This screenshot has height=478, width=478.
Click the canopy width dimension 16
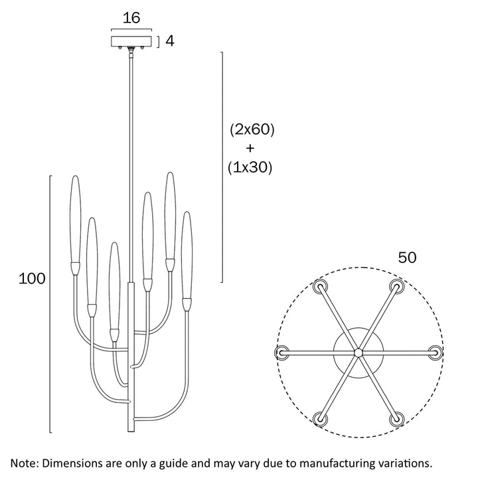[132, 18]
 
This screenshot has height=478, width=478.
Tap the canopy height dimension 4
[169, 41]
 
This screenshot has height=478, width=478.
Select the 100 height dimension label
[32, 279]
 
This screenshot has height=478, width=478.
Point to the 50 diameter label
[407, 258]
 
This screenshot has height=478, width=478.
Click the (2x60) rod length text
[252, 129]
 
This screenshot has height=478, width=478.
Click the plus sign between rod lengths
[250, 149]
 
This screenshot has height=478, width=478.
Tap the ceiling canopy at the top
[132, 41]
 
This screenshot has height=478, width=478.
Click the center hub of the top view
[358, 352]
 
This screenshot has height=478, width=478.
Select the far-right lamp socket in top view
[435, 352]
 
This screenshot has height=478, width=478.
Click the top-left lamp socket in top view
[321, 287]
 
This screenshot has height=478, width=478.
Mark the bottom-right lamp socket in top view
[397, 418]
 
